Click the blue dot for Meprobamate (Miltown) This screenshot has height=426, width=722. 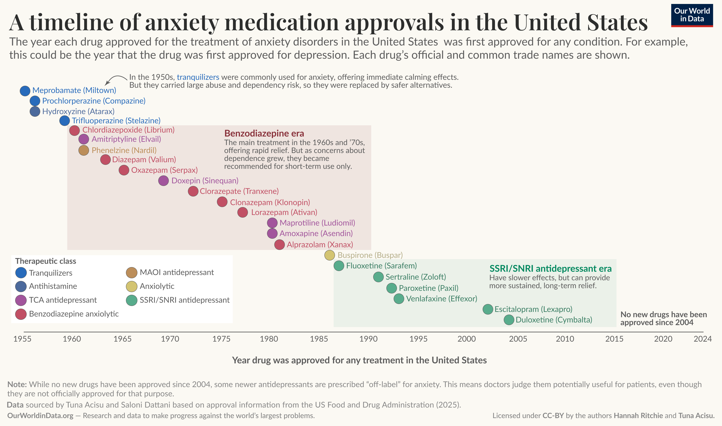tap(25, 91)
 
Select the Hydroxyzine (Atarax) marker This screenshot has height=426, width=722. tap(35, 111)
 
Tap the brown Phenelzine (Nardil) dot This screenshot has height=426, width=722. tap(84, 150)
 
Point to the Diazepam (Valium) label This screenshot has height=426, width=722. tap(144, 160)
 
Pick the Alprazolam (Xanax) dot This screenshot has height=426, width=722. tap(279, 245)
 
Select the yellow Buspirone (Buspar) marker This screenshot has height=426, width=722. tap(329, 255)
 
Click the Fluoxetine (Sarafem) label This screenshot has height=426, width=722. tap(381, 266)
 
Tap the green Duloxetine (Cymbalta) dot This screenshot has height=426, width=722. tap(509, 320)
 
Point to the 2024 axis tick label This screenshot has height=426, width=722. tap(702, 339)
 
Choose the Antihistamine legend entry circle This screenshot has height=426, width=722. tap(21, 286)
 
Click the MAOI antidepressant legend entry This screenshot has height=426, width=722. tap(176, 272)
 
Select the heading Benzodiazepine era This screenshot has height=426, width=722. tap(264, 133)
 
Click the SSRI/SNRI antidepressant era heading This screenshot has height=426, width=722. tap(550, 269)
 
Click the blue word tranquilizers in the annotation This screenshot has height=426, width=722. tap(198, 77)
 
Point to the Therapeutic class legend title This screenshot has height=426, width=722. tap(46, 261)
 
